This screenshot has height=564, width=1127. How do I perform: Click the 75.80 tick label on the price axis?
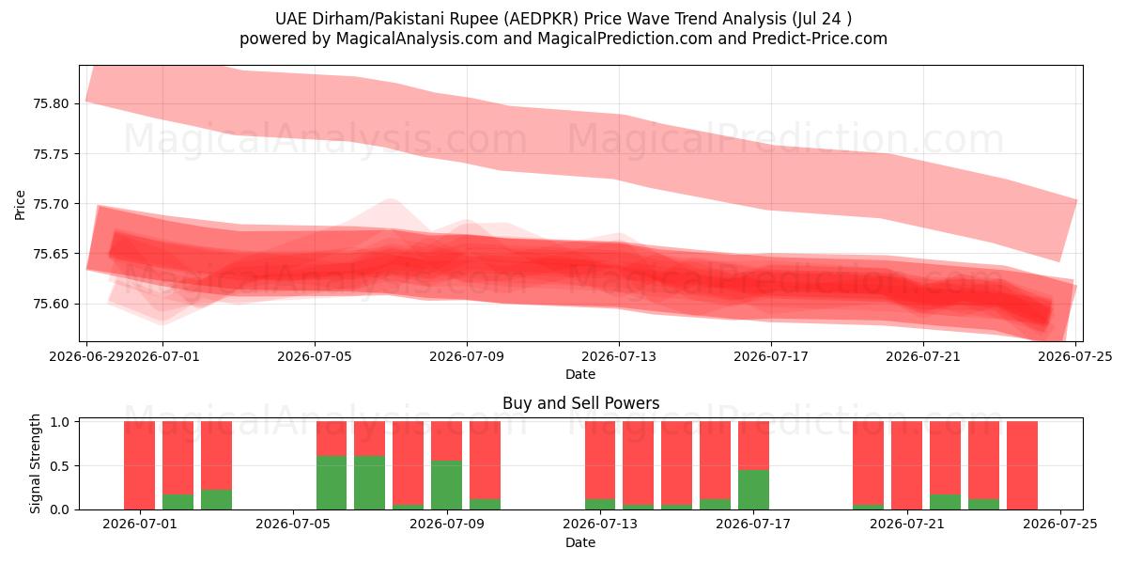click(x=51, y=103)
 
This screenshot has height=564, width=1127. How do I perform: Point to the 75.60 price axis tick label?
click(x=51, y=304)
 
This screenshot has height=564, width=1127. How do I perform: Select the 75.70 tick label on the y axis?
click(x=51, y=204)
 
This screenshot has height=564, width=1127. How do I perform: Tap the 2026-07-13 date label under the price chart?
click(x=619, y=356)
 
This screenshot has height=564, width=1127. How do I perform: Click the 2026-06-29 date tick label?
click(x=86, y=356)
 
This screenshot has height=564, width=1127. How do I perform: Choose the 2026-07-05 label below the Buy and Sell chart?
click(x=293, y=524)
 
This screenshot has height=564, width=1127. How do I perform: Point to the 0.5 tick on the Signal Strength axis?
click(x=60, y=466)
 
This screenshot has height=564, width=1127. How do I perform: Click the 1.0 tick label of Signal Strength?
click(x=60, y=421)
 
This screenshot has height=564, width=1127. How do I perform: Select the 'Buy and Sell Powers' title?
click(x=580, y=403)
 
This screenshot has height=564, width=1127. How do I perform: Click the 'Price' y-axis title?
click(x=20, y=205)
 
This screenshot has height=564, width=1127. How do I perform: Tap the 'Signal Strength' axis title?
click(x=35, y=463)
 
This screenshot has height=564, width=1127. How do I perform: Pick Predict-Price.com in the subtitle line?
click(x=820, y=39)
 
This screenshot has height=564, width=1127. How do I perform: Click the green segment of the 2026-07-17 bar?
click(x=753, y=490)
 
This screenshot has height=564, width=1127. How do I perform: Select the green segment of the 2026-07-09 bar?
click(x=446, y=485)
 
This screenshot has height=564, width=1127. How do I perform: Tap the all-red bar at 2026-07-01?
click(x=139, y=465)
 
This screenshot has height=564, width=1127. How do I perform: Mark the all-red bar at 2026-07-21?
click(x=906, y=465)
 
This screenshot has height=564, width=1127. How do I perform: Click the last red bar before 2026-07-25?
click(x=1022, y=465)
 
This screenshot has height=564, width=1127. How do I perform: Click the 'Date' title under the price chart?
click(x=580, y=374)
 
